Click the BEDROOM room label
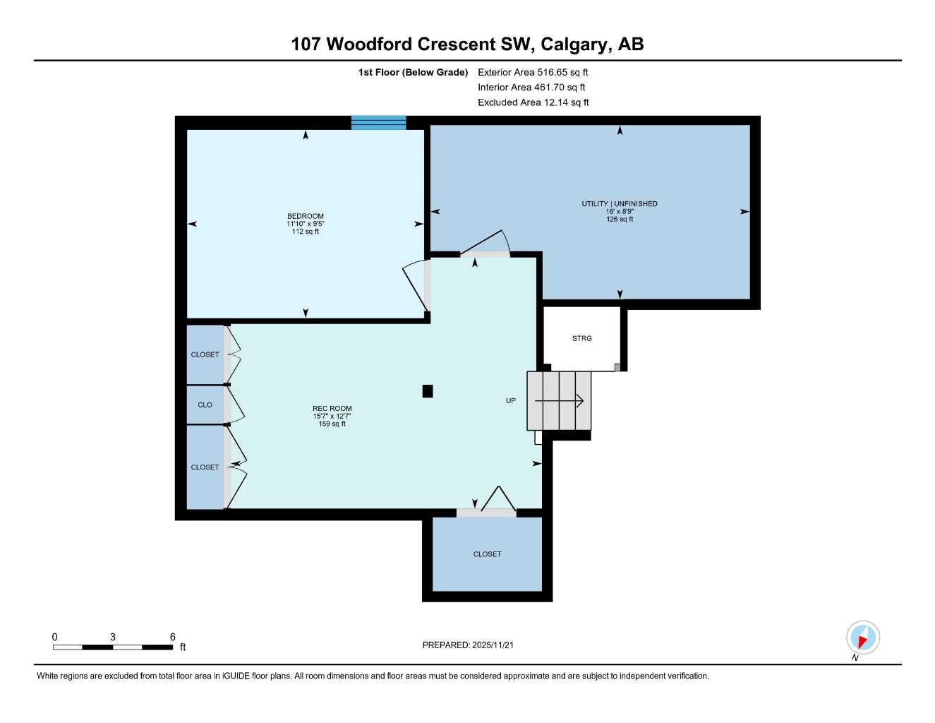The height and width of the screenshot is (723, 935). (x=306, y=216)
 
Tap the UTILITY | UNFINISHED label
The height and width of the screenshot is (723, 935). (x=620, y=203)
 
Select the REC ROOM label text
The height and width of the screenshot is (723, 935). (x=332, y=408)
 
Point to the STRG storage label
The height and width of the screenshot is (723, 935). (x=582, y=338)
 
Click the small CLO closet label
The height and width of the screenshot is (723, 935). (x=205, y=405)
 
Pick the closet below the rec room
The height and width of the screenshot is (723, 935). (x=487, y=554)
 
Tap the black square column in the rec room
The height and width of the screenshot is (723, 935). (x=428, y=391)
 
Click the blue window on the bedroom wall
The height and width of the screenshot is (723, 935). (x=379, y=123)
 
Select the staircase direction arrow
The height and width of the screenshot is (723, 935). (x=559, y=401)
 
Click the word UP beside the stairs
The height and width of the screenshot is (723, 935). (x=511, y=400)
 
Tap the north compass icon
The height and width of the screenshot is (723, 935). (x=863, y=638)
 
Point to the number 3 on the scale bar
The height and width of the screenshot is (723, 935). (x=113, y=637)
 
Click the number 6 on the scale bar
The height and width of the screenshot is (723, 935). (x=173, y=637)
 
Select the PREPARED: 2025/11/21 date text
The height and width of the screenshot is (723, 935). (x=468, y=645)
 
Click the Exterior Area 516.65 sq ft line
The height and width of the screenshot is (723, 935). (x=533, y=72)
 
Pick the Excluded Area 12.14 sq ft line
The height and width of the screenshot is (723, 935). (x=533, y=102)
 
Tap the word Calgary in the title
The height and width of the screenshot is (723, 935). (x=574, y=44)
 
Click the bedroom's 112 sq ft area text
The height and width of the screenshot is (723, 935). (x=306, y=232)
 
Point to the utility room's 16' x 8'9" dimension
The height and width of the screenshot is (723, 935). (x=620, y=211)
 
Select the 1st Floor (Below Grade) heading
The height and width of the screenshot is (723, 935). (x=413, y=72)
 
